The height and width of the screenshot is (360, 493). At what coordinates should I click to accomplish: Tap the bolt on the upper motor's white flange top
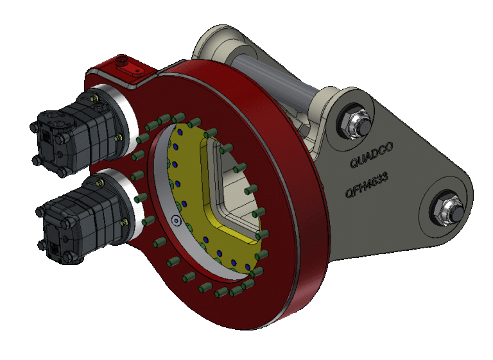pyautogui.click(x=95, y=98)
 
